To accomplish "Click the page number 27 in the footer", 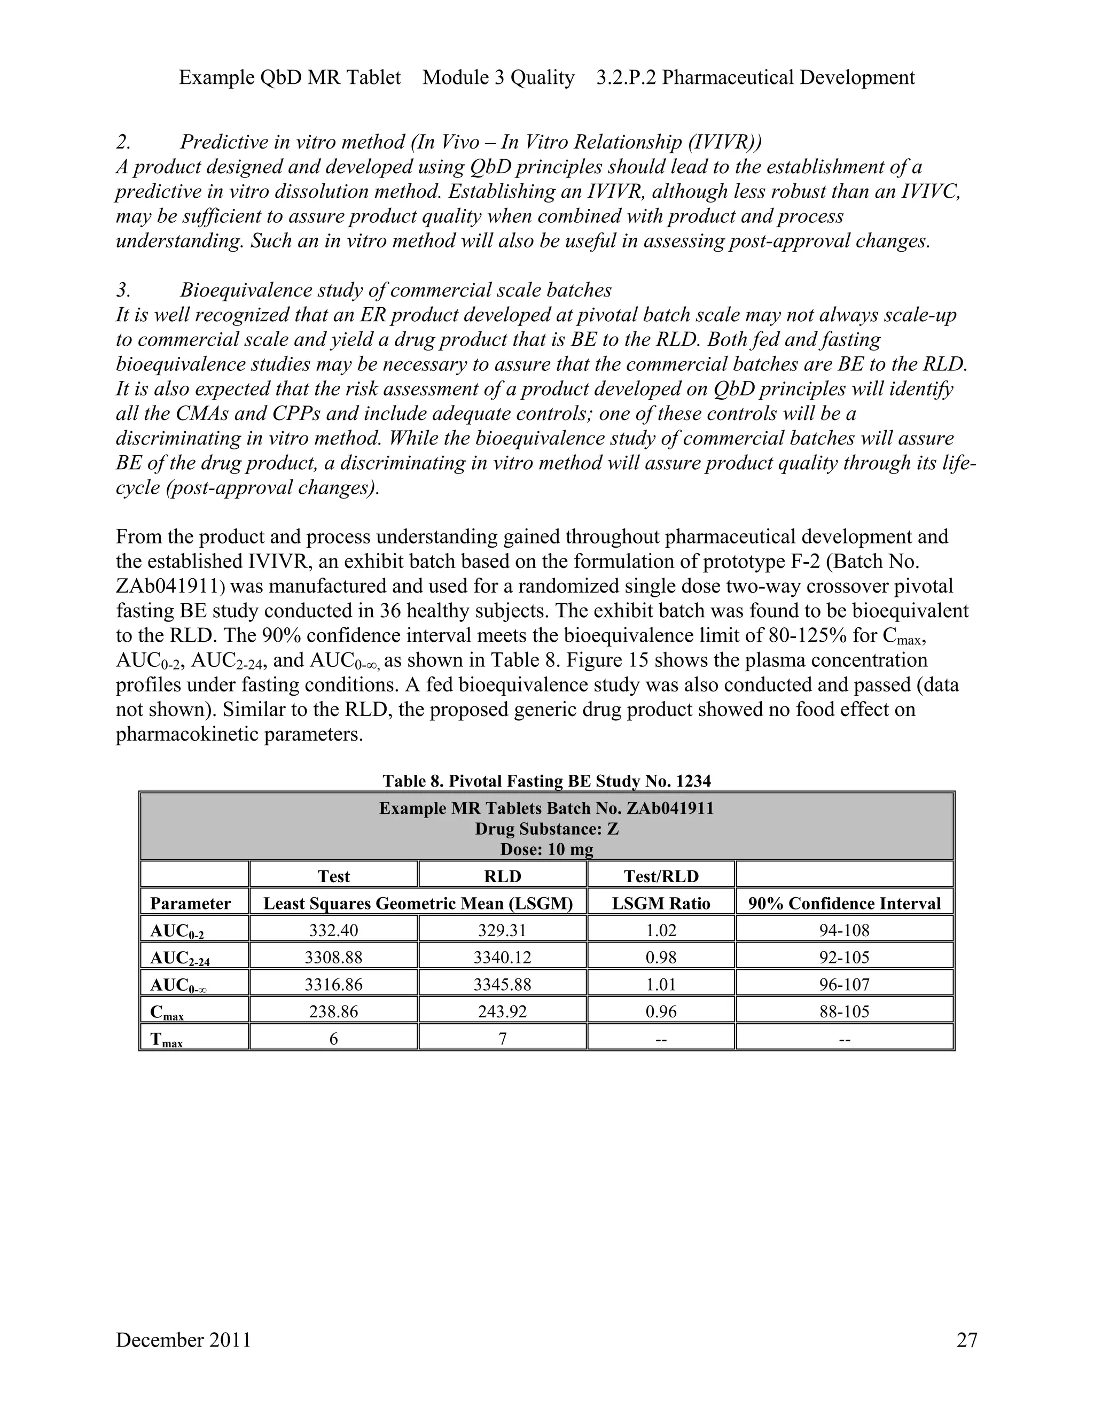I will point(966,1340).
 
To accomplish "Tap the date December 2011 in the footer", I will point(183,1340).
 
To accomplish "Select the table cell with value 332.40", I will point(333,930).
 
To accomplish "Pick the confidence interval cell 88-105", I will point(844,1012).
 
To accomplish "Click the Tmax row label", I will point(167,1039).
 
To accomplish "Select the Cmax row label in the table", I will point(167,1012).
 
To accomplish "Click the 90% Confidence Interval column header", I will point(844,903).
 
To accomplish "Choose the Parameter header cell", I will point(191,903).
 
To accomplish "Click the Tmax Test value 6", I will point(333,1039).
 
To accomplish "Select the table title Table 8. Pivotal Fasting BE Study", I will point(546,781).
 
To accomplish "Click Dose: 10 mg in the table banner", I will point(546,849).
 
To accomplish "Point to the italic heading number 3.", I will point(123,289).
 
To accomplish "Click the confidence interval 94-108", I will point(844,930).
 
